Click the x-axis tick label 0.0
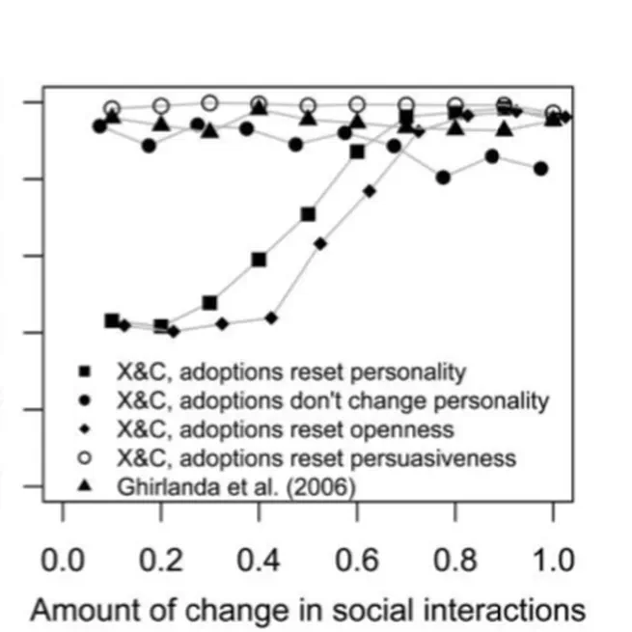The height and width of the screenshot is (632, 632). coord(64,560)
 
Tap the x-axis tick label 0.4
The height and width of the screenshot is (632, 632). coord(260,560)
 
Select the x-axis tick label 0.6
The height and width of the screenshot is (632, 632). coord(357,560)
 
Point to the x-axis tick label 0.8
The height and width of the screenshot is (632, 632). coord(455,560)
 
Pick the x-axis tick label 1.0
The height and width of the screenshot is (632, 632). coord(553,560)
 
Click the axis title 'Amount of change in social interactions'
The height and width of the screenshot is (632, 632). coord(308,609)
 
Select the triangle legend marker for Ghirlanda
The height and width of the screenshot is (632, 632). coord(85,485)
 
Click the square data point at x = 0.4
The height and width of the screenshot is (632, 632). coord(259,259)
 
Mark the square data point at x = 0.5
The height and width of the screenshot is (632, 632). coord(308,213)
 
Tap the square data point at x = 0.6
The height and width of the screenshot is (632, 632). coord(357,151)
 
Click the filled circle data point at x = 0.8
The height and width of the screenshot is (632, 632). coord(443,177)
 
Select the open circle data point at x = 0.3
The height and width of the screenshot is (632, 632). coord(210,102)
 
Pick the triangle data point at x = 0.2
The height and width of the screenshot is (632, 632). coord(161,124)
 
